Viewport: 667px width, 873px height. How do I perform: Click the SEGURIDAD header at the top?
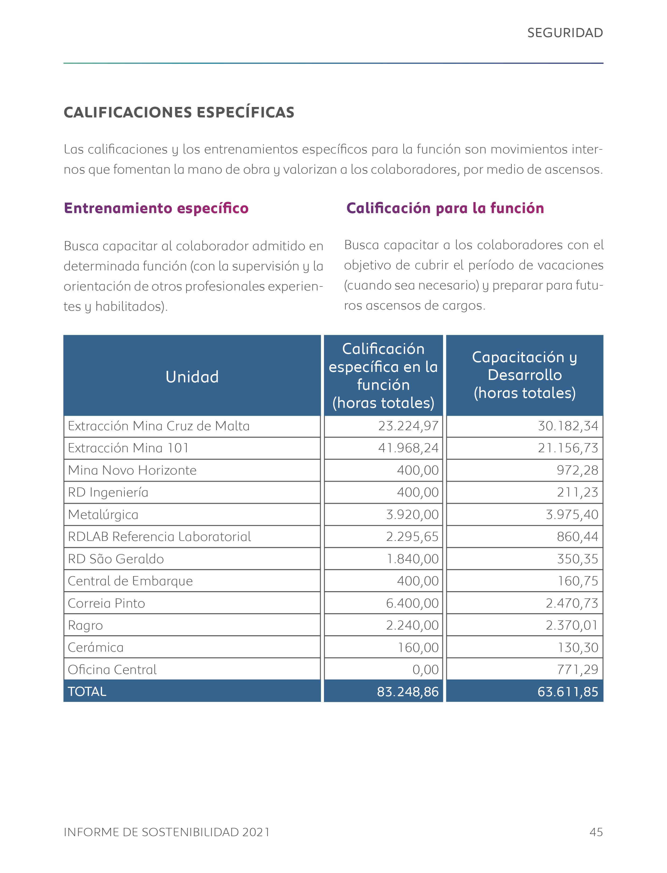pyautogui.click(x=565, y=33)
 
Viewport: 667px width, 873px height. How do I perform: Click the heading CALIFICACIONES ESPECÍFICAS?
pyautogui.click(x=179, y=112)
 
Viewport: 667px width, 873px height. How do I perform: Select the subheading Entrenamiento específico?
pyautogui.click(x=156, y=208)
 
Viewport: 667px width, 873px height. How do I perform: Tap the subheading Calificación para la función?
pyautogui.click(x=445, y=208)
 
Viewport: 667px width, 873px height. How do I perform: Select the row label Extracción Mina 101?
pyautogui.click(x=128, y=448)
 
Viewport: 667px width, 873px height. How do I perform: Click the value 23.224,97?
pyautogui.click(x=408, y=426)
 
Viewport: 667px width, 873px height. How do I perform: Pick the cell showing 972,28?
pyautogui.click(x=577, y=470)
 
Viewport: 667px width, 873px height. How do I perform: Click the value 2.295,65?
pyautogui.click(x=412, y=537)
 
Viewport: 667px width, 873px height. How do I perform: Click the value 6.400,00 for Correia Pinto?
pyautogui.click(x=412, y=603)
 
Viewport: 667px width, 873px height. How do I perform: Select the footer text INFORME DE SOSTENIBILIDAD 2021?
pyautogui.click(x=166, y=832)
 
